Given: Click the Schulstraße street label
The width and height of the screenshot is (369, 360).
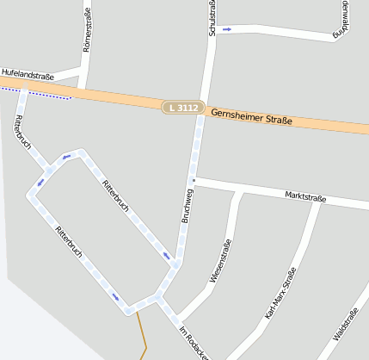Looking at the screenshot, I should (x=212, y=17).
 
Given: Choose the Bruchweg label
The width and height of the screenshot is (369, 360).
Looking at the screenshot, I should (x=188, y=204).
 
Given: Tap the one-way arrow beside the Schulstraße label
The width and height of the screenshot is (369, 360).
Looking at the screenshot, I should (x=227, y=29).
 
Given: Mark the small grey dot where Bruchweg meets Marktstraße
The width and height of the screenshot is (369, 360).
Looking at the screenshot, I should (x=194, y=180).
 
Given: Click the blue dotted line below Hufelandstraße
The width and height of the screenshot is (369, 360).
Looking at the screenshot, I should (x=36, y=93).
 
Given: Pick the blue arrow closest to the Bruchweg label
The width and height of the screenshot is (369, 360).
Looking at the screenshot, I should (x=166, y=255).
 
